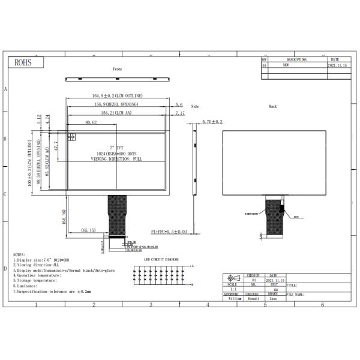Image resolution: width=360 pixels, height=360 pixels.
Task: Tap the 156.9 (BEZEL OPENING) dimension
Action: [116, 104]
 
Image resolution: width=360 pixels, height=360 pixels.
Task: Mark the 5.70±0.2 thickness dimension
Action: [212, 122]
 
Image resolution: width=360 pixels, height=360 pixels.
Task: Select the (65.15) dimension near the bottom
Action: [89, 230]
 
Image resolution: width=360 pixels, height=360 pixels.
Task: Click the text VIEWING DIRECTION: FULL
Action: [116, 159]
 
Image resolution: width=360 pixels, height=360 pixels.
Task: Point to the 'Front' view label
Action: [117, 70]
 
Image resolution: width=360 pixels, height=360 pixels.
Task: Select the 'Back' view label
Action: [272, 106]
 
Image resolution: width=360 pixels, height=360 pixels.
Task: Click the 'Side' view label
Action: [194, 106]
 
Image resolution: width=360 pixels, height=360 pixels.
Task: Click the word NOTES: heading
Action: [20, 254]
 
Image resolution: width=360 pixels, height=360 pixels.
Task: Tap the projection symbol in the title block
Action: [233, 279]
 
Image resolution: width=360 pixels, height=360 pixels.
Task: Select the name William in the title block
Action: [233, 298]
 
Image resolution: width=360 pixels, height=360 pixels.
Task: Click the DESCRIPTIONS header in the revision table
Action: [296, 60]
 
